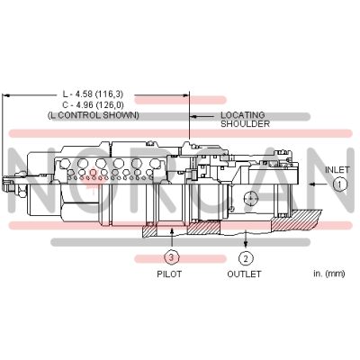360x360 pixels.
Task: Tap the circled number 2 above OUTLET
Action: (246, 256)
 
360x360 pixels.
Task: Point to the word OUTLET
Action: (244, 274)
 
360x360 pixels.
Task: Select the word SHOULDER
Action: (243, 125)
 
